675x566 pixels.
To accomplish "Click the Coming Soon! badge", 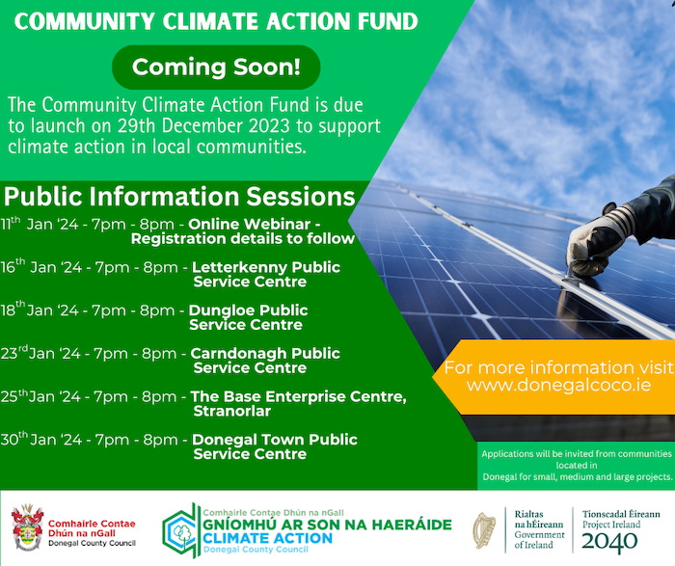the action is click(x=216, y=67).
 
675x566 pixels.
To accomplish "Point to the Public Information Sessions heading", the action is click(x=179, y=197).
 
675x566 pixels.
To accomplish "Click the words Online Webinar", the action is click(x=249, y=224).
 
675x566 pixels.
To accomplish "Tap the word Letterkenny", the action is click(x=239, y=267).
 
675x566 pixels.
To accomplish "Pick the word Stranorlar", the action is click(x=232, y=411).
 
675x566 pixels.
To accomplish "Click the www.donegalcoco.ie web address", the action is click(x=558, y=385).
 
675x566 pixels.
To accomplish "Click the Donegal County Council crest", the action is click(x=28, y=527).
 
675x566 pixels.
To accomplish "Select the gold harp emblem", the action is click(x=485, y=530).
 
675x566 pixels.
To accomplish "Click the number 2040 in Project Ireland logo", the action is click(x=609, y=542).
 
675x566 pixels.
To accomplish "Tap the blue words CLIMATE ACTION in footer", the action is click(x=267, y=538).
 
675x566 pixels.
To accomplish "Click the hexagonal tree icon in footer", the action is click(x=179, y=530).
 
